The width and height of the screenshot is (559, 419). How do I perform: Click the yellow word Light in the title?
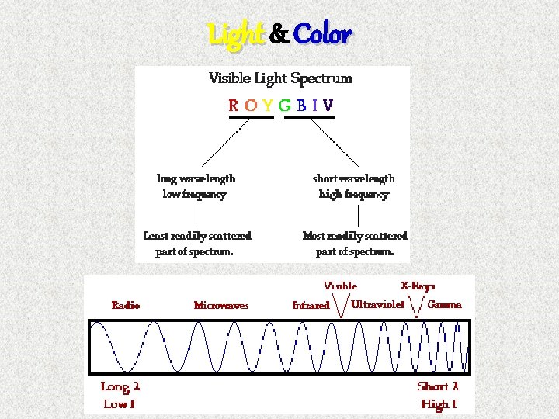point(236,35)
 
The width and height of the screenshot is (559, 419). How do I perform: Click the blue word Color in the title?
point(323,35)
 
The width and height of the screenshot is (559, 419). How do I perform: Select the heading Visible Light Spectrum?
point(280,78)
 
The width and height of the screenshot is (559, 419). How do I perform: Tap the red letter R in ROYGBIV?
point(234,105)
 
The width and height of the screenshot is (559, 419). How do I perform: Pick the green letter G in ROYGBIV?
point(285,105)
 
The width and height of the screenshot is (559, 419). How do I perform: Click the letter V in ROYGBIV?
point(328,105)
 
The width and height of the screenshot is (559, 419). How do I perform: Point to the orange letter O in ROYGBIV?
point(251,105)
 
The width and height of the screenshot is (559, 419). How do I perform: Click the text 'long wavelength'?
point(196,178)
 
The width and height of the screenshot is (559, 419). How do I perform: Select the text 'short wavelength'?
point(354,178)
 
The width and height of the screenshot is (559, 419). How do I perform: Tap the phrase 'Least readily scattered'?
point(197,235)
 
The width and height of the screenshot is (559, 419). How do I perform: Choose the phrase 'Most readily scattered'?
point(355,235)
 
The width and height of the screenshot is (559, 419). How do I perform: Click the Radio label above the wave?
point(126,305)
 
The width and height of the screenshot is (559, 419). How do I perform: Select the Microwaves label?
point(221,305)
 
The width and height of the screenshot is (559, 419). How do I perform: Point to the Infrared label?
point(311,305)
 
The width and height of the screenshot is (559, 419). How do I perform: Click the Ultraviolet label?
point(378,304)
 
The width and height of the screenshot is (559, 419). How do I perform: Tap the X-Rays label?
point(418,286)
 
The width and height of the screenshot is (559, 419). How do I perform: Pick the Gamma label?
point(444,304)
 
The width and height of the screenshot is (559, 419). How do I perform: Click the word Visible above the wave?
point(340,286)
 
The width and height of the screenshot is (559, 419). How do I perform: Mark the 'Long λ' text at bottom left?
point(120,386)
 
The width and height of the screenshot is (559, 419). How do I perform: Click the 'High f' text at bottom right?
point(439,403)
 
